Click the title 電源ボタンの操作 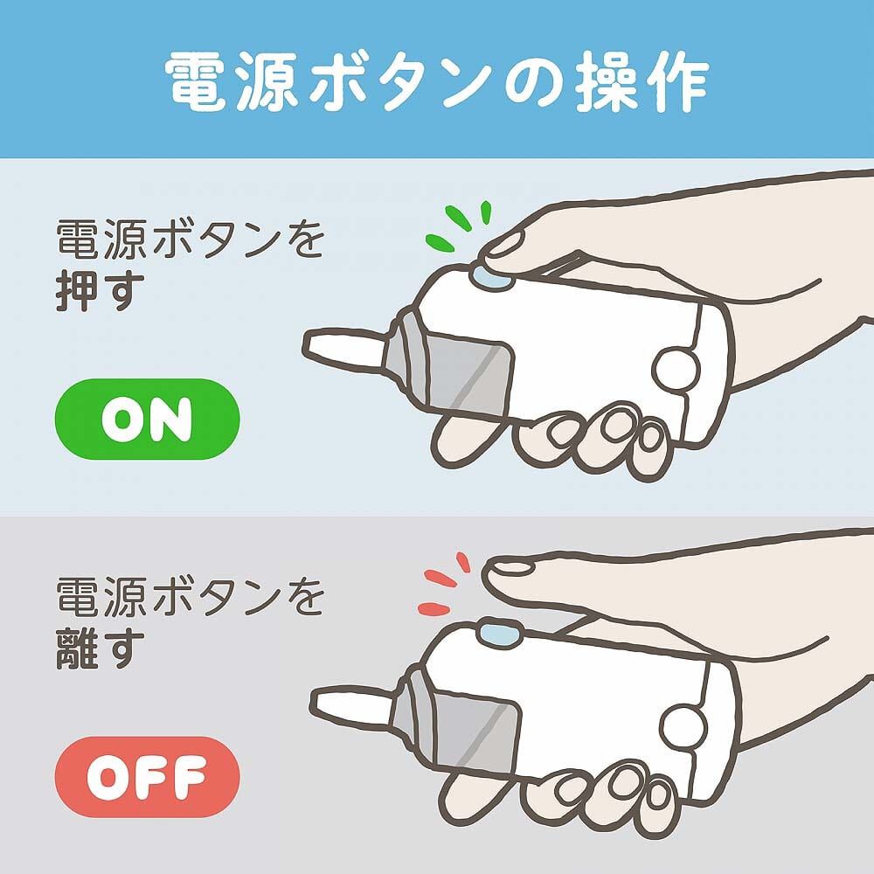click(x=437, y=81)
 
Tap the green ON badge click(x=147, y=420)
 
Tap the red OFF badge click(x=147, y=773)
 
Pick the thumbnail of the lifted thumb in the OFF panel click(x=511, y=568)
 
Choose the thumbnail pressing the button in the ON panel click(x=505, y=246)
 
